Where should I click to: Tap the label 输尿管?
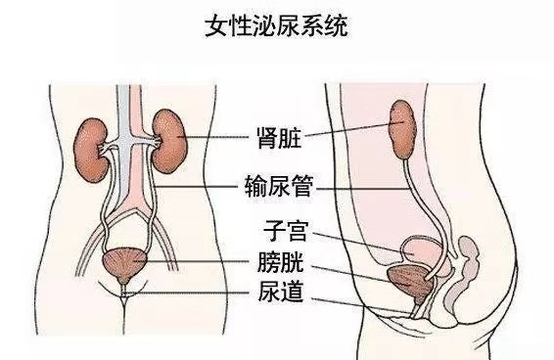(276, 182)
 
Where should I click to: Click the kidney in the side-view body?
(402, 126)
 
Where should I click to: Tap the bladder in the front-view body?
(124, 262)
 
